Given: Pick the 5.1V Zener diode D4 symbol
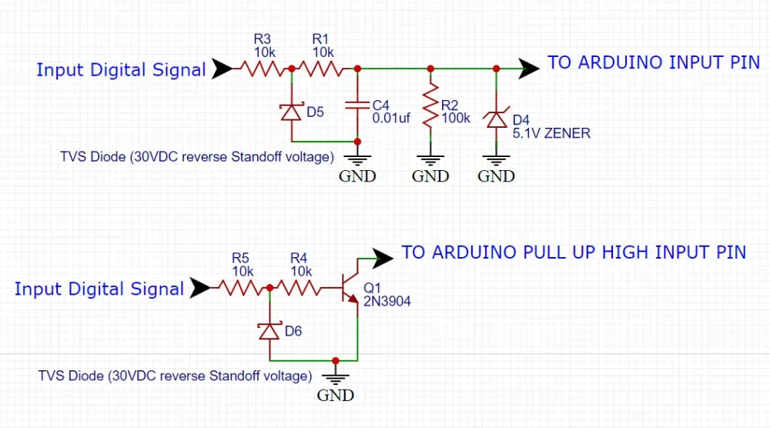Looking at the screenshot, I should point(496,119).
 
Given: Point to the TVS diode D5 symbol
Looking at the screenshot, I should point(291,112).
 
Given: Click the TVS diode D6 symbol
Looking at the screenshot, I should point(269,331).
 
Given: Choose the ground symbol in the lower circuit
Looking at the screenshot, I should point(335,378).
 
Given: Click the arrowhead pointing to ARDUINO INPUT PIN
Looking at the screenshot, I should point(529,69).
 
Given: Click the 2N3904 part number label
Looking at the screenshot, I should point(387,302).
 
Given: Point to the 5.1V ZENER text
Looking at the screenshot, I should point(551,133).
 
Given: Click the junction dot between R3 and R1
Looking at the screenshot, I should point(291,69).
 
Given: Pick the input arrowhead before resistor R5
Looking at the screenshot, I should point(200,289).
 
